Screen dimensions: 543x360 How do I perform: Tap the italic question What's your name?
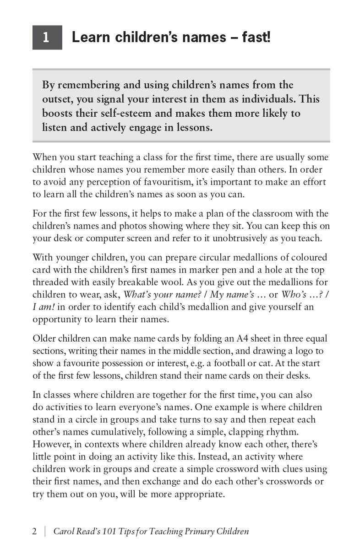click(x=163, y=294)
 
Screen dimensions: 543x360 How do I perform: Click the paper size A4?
click(x=243, y=338)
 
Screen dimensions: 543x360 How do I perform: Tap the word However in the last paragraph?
click(x=51, y=444)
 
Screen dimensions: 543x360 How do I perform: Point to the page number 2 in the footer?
click(x=35, y=532)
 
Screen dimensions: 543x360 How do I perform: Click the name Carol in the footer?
click(x=64, y=532)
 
